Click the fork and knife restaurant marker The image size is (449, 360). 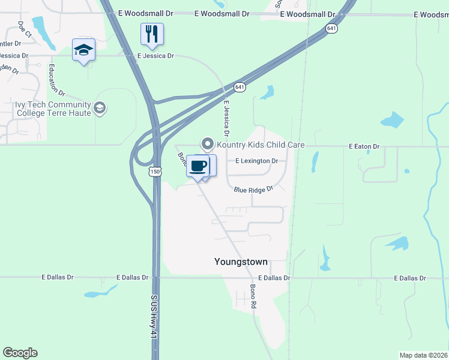tap(152, 34)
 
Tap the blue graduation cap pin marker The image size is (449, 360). tap(84, 50)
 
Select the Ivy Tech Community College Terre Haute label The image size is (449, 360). tap(53, 109)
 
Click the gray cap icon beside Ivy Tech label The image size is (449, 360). tap(100, 109)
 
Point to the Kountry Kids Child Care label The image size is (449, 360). tap(261, 145)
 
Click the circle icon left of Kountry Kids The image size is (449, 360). tap(208, 144)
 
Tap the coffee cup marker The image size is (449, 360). tap(198, 166)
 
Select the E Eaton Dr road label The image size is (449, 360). tap(364, 146)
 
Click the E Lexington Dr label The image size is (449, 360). tap(256, 161)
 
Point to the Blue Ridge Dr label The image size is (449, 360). tap(253, 189)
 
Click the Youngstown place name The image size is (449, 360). tap(241, 262)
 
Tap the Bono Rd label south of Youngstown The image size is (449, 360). tap(253, 296)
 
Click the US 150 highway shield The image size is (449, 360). tap(155, 172)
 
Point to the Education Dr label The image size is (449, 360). tap(56, 79)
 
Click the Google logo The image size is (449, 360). tap(20, 353)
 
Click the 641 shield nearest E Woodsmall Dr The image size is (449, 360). tap(332, 28)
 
